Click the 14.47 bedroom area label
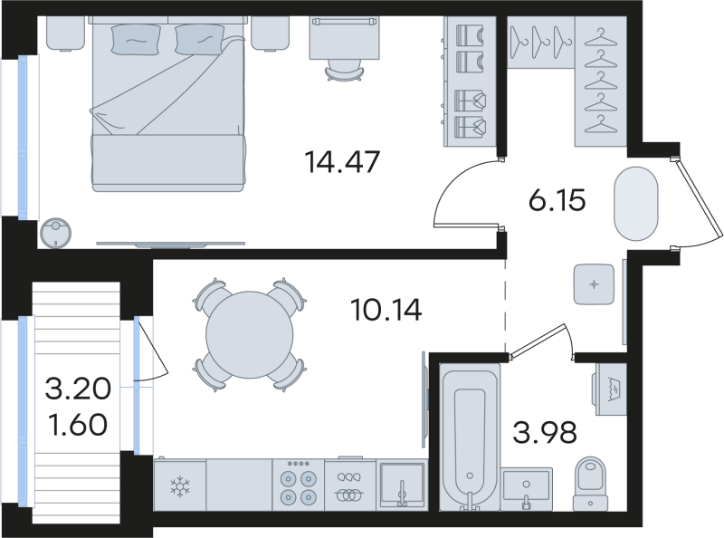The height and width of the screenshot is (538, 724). click(342, 162)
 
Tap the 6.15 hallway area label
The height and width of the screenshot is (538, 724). click(557, 200)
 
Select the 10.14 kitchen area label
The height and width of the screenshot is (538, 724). click(386, 310)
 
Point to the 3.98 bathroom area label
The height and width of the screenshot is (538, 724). click(545, 433)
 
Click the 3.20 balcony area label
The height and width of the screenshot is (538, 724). click(78, 389)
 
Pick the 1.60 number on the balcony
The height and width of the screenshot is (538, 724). click(78, 425)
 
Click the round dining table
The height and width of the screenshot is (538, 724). click(250, 334)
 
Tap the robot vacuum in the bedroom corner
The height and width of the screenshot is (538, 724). click(55, 233)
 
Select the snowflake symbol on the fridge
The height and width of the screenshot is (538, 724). click(180, 487)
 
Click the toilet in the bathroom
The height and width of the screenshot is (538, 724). click(591, 484)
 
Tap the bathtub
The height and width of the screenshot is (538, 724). click(470, 437)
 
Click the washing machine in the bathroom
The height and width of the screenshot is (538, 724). click(610, 389)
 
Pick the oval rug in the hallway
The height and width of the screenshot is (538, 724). click(636, 204)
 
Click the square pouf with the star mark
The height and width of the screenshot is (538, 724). click(594, 284)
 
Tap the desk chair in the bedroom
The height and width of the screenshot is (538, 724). click(345, 72)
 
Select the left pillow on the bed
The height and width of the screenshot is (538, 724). click(136, 39)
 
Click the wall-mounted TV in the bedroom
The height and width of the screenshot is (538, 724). click(170, 244)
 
